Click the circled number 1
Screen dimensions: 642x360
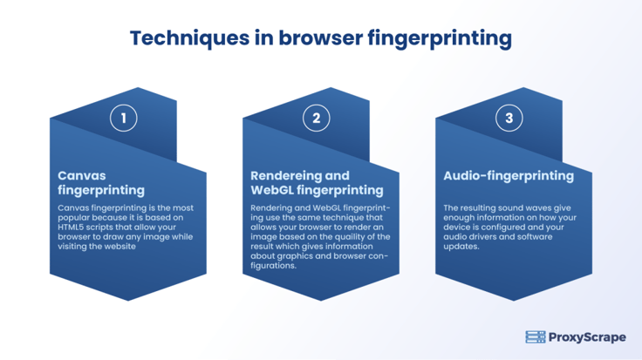[123, 119]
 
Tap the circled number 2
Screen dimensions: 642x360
[316, 119]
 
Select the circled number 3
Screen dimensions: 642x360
[509, 119]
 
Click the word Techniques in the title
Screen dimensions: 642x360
[189, 38]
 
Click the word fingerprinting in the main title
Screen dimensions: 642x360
[440, 39]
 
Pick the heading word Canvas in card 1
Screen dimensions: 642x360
[82, 175]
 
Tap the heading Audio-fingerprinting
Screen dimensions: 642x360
[509, 176]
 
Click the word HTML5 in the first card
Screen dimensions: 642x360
[71, 227]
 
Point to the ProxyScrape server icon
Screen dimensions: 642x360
[536, 337]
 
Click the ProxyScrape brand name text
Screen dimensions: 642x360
[587, 337]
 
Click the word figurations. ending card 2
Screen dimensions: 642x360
[273, 266]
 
